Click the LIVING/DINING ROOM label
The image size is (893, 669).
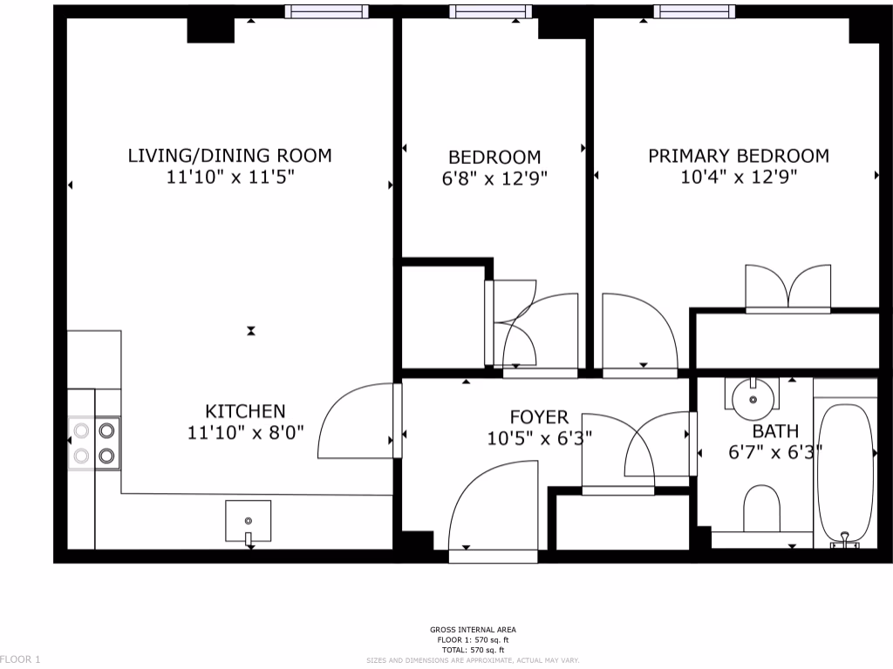tap(229, 156)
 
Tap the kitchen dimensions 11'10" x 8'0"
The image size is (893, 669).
tap(245, 433)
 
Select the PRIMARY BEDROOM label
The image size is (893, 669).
tap(738, 156)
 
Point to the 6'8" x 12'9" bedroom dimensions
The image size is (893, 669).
tap(494, 179)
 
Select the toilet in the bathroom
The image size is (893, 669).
tap(762, 508)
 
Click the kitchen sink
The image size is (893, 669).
tap(249, 521)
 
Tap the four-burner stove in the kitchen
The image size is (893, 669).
tap(94, 443)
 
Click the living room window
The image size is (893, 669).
tap(327, 11)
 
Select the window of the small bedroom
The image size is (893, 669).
tap(489, 11)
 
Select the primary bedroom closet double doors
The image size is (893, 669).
tap(787, 288)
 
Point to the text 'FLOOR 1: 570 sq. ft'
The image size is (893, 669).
tap(472, 640)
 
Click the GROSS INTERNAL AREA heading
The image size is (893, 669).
tap(472, 630)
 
